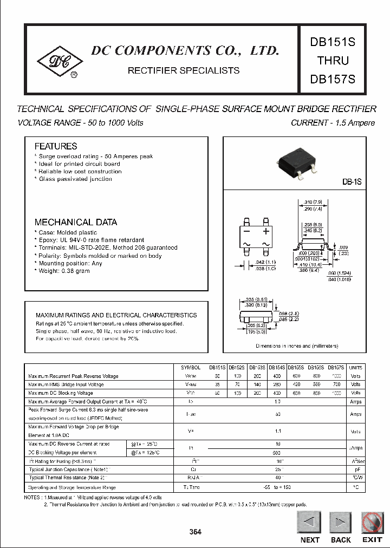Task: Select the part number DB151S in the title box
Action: pos(333,42)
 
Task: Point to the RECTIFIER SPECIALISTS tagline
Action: pos(183,70)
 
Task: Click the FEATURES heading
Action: pos(56,146)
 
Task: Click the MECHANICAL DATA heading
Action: pos(76,222)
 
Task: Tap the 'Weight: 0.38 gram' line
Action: pos(63,271)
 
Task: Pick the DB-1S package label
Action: pos(352,183)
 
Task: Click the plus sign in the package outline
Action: pos(265,231)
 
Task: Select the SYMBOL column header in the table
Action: pos(191,367)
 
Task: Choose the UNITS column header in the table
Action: pos(355,367)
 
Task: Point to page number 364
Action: pos(195,532)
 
